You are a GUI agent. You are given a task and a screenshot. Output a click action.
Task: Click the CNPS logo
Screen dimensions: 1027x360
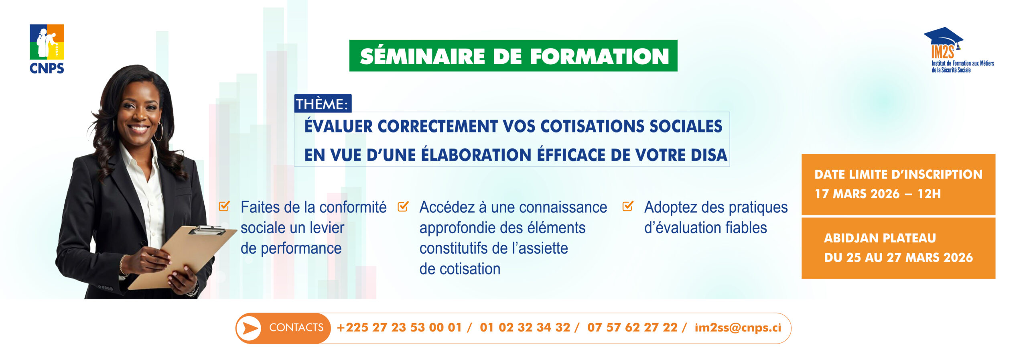click(x=47, y=49)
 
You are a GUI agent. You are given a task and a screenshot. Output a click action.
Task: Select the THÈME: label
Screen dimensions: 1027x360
click(x=322, y=104)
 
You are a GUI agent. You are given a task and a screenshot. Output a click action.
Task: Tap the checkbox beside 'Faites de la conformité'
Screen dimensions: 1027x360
click(x=224, y=206)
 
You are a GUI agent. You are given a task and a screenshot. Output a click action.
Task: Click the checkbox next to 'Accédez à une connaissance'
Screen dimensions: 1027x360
click(x=403, y=206)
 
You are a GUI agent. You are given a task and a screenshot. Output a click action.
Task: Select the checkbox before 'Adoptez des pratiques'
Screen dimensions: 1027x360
click(x=627, y=206)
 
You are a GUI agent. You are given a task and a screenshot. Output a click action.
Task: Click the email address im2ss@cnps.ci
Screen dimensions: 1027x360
click(x=738, y=327)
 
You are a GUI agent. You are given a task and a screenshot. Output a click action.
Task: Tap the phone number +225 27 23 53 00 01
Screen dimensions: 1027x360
click(x=399, y=327)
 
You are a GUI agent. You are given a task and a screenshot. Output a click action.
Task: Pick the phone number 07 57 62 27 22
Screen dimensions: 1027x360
click(x=632, y=327)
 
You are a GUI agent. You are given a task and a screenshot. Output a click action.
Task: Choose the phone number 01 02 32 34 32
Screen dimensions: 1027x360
click(x=525, y=327)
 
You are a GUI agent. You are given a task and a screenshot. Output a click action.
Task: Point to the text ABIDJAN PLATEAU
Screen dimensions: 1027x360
click(x=880, y=238)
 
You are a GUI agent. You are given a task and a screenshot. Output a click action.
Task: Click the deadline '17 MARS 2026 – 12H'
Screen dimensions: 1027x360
click(x=877, y=194)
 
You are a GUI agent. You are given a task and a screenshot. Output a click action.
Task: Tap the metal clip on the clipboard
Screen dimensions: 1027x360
click(x=208, y=230)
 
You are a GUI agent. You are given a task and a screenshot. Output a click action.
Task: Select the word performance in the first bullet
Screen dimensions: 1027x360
click(x=301, y=249)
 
